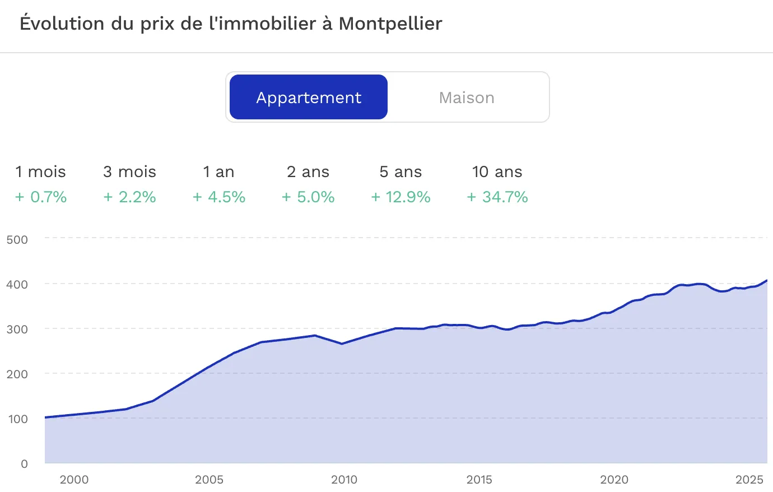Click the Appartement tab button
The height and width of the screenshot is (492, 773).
coord(309,98)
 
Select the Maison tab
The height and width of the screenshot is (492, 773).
coord(467,98)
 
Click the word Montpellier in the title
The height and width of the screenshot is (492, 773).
coord(390,24)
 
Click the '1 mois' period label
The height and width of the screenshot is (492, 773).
coord(40,171)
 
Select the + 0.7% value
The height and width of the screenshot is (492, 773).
coord(41,197)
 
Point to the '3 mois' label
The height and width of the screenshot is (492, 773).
coord(129,171)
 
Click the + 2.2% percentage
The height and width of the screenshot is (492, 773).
coord(129,197)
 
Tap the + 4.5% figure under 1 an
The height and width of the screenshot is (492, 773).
coord(219,197)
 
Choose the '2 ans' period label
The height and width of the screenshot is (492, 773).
coord(308,171)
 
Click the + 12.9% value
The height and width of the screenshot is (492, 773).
coord(401,197)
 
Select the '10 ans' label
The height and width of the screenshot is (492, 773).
coord(497,171)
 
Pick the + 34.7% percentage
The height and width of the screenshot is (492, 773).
coord(497,197)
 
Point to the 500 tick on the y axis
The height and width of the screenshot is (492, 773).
coord(17,240)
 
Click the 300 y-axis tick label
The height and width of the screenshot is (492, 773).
coord(17,329)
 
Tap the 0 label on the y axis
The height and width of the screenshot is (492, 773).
coord(24,464)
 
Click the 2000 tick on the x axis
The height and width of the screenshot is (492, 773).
coord(74,480)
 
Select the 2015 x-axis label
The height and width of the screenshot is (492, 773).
coord(479,480)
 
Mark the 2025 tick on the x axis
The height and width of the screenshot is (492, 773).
coord(749,480)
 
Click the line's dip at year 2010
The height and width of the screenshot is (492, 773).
coord(342,344)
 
